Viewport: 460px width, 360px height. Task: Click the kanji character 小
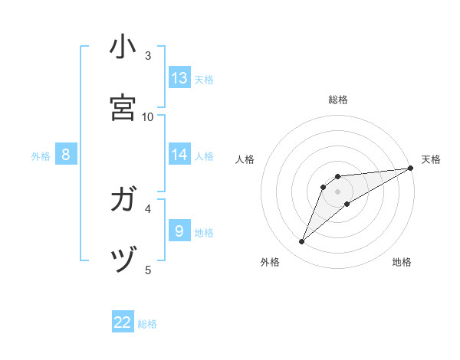click(123, 47)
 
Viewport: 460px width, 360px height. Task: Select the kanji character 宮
click(123, 107)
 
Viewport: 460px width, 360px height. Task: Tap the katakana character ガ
click(123, 200)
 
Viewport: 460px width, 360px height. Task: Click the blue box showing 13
click(179, 77)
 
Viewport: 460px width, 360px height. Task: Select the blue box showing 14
click(179, 154)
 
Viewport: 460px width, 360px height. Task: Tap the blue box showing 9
click(179, 231)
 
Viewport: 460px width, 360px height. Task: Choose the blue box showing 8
click(66, 155)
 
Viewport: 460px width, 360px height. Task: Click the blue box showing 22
click(123, 322)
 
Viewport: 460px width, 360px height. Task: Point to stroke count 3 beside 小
click(148, 55)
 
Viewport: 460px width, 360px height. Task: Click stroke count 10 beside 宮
click(148, 116)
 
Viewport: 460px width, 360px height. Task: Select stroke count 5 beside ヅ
click(148, 270)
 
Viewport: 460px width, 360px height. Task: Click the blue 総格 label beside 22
click(147, 324)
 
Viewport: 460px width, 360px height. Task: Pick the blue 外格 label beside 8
click(41, 156)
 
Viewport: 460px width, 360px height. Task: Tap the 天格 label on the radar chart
click(431, 159)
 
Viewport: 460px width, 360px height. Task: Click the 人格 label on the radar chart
click(245, 159)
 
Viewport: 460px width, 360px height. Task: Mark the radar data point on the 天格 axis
click(410, 167)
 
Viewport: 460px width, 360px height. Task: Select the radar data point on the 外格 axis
click(302, 242)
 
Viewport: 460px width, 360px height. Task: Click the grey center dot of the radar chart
click(337, 191)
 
